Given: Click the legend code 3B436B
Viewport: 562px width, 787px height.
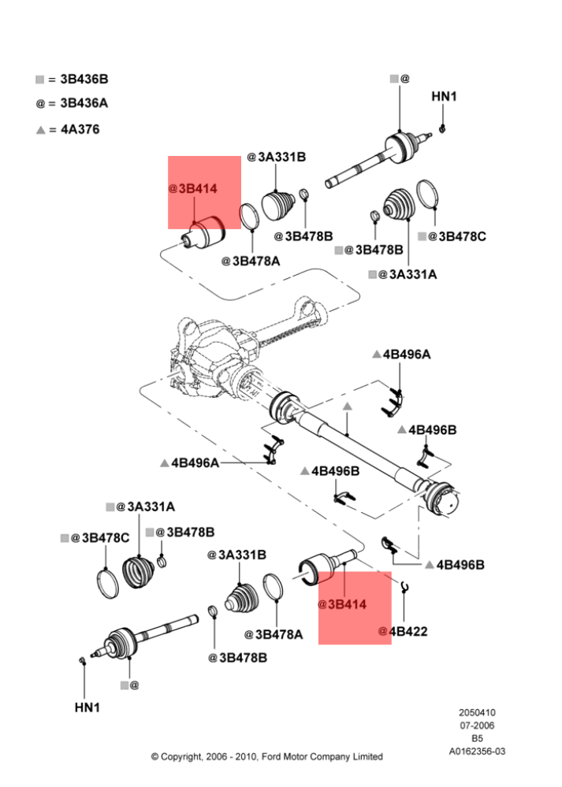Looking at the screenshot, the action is point(84,80).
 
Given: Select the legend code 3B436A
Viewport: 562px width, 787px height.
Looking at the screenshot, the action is point(84,103).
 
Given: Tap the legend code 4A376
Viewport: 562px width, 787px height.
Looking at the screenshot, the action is point(80,129).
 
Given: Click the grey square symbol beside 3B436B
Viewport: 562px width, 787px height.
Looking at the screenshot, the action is point(39,80).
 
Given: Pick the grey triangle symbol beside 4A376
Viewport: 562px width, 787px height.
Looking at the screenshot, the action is point(41,130).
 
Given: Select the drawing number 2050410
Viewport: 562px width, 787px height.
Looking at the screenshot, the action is point(477,712).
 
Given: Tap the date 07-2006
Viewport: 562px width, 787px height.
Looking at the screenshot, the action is point(477,726).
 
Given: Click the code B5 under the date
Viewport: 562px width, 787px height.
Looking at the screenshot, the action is point(477,738).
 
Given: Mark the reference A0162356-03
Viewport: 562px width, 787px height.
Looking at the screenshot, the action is point(477,752).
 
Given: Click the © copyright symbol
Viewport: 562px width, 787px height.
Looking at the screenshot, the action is point(154,756).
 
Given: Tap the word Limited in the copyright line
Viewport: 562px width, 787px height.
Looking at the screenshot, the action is point(367,756).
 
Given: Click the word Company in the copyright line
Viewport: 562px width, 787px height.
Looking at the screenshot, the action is point(329,757).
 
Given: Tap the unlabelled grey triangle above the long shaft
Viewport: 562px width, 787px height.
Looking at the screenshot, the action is point(347,406).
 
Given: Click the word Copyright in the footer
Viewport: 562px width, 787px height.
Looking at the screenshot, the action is point(182,757).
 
